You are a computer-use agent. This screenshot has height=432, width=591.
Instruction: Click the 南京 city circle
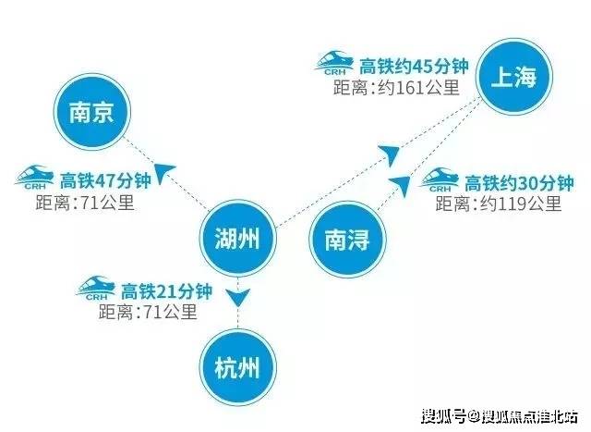pos(92,112)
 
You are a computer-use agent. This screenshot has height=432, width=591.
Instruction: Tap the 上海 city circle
pos(514,77)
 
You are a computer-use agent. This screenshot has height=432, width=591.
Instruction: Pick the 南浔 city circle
pos(347,240)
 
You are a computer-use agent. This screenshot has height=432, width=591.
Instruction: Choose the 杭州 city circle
pos(238,367)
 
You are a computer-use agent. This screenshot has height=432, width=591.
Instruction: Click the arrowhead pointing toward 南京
pos(163,173)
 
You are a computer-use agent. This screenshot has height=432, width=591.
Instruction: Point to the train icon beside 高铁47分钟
pos(34,177)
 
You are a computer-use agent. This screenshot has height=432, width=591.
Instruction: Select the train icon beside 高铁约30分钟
pos(439,180)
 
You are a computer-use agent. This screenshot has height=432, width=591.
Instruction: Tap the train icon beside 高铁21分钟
pos(95,288)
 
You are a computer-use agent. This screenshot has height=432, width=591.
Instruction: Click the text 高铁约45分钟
pos(414,67)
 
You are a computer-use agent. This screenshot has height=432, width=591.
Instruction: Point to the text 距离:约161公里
pos(396,88)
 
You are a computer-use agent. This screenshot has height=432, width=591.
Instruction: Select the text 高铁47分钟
pos(105,180)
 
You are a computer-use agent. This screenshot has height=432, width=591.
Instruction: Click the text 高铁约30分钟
pos(519,183)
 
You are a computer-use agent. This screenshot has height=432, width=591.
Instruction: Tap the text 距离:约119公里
pos(499,204)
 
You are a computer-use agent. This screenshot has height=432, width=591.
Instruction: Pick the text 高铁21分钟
pos(166,291)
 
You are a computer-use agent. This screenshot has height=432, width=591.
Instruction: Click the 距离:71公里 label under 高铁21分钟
pos(148,313)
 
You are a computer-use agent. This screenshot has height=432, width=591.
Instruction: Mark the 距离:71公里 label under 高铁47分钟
pos(85,203)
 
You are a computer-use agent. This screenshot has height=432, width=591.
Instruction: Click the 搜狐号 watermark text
pos(443,416)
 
